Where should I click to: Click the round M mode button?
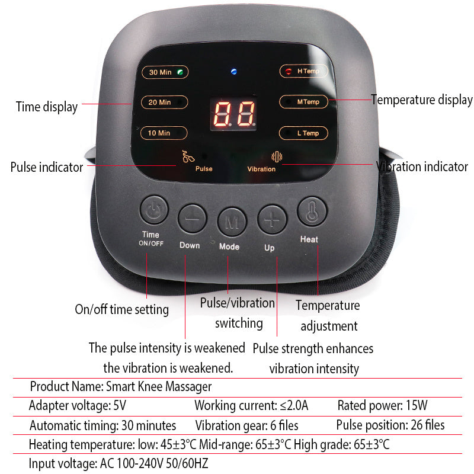tap(232, 220)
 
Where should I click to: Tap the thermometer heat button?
tap(312, 212)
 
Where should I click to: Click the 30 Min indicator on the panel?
tap(165, 72)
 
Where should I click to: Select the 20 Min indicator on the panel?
tap(164, 102)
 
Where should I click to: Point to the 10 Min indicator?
tap(164, 133)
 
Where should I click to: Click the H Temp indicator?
tap(303, 71)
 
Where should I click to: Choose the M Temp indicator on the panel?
tap(303, 102)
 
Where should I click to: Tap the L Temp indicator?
tap(303, 133)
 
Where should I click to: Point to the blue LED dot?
tap(234, 72)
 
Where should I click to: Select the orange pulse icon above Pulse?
tap(188, 157)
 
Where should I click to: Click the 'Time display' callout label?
tap(46, 107)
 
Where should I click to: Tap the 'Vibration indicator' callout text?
tap(422, 167)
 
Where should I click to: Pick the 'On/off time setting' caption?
tap(121, 309)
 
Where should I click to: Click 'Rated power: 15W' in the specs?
tap(382, 406)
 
